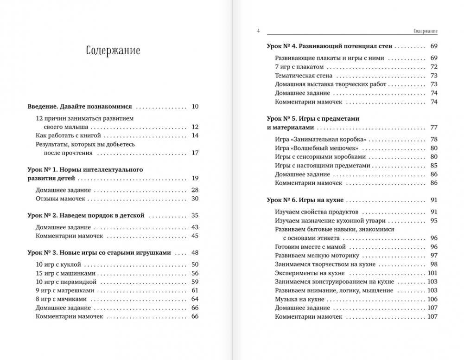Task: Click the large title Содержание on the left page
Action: point(113,51)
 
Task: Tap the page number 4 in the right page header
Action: point(258,31)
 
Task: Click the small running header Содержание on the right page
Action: point(425,31)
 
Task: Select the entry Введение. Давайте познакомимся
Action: point(80,106)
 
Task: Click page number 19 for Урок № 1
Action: point(195,178)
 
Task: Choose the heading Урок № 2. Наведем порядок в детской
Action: point(87,215)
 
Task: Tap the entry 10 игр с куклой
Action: point(58,264)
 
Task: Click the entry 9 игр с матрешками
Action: point(65,290)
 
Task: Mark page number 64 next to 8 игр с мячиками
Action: point(195,299)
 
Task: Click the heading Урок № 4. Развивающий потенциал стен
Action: point(330,46)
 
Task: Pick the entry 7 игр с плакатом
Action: point(299,67)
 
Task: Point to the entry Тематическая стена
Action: point(303,76)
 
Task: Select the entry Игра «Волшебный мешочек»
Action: point(317,148)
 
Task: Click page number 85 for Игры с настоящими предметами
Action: point(434,166)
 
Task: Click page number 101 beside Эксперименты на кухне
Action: point(432,273)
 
